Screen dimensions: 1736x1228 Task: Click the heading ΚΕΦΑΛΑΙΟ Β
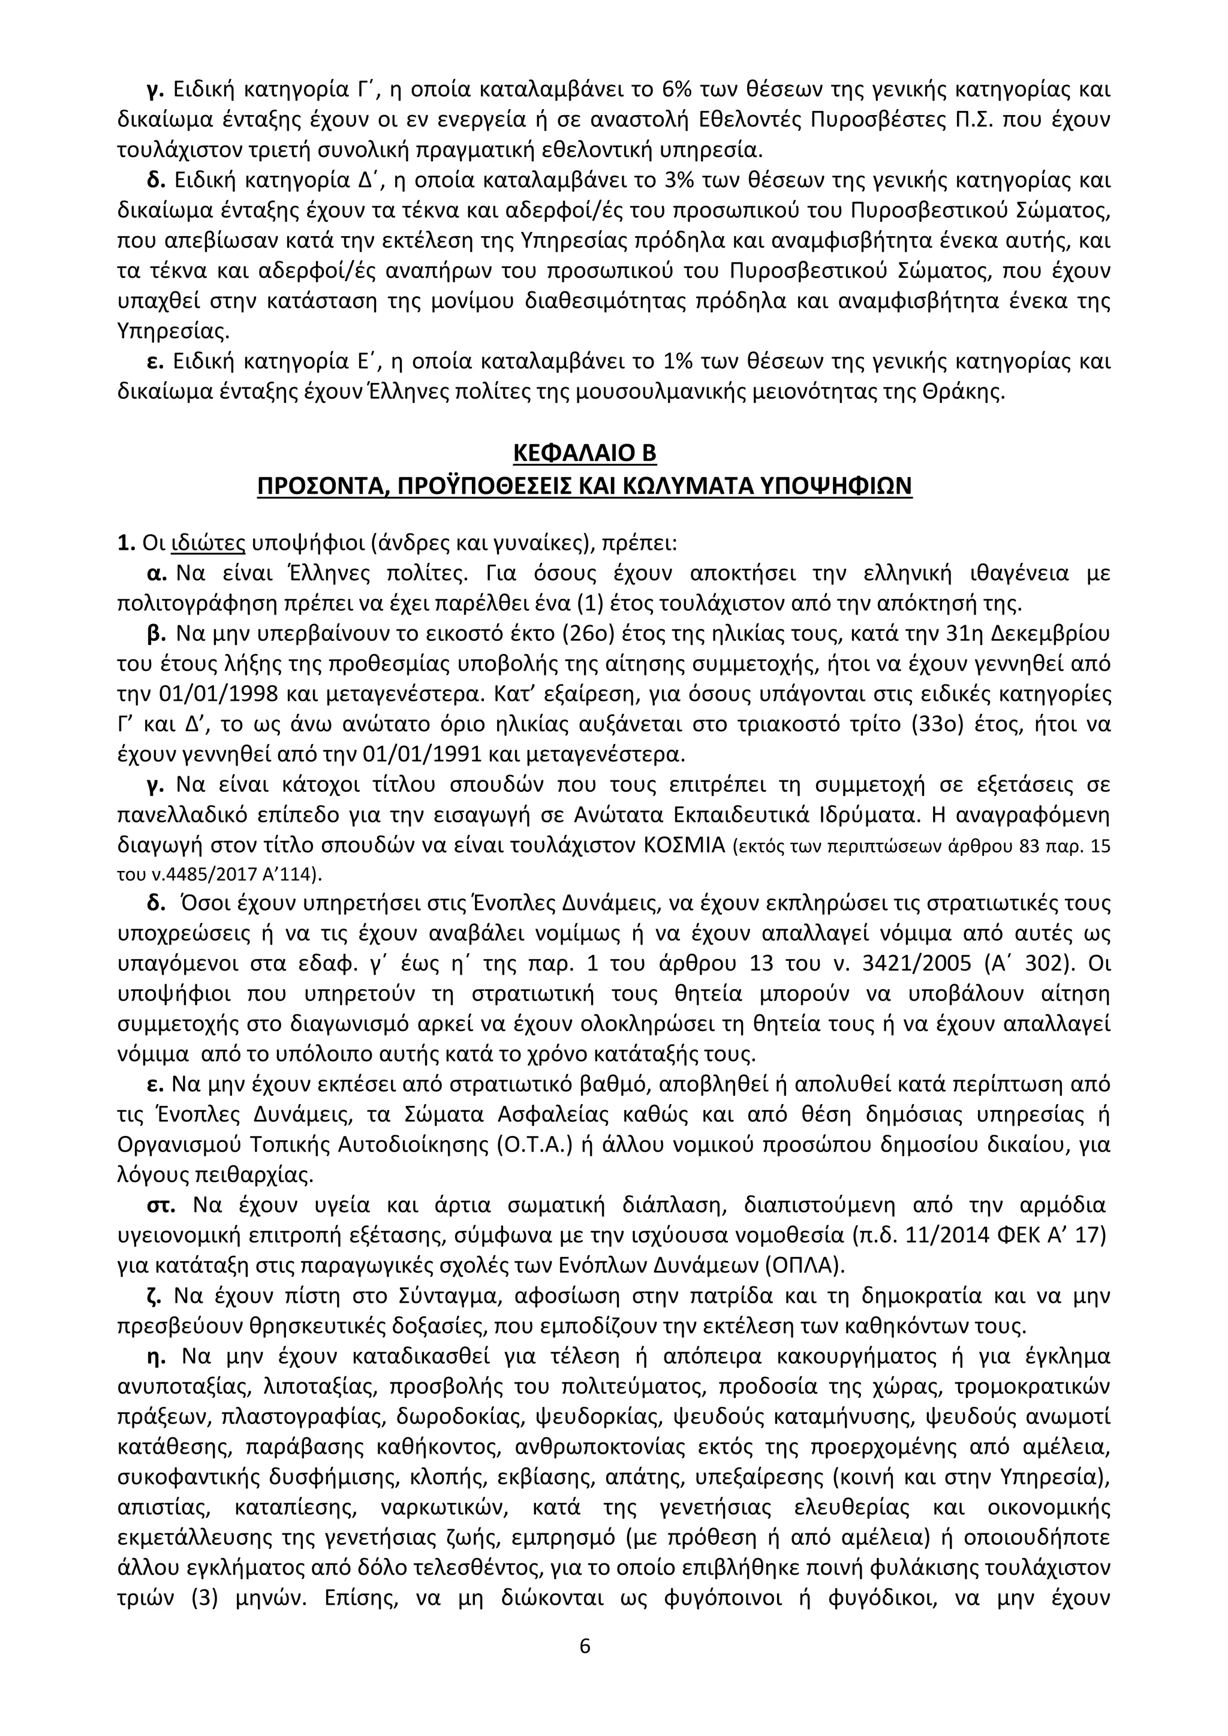tap(585, 453)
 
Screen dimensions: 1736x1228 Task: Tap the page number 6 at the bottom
tap(585, 1645)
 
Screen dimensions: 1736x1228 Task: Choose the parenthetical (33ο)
tap(941, 724)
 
